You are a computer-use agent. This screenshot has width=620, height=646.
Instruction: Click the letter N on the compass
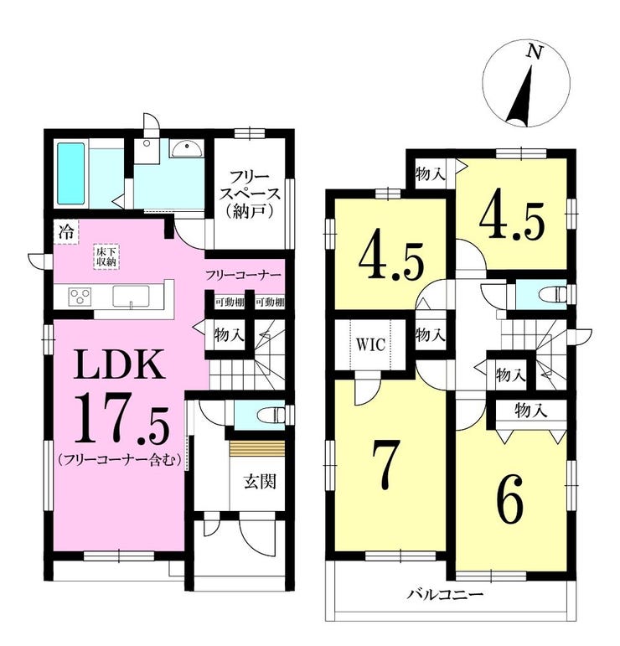[x=535, y=51]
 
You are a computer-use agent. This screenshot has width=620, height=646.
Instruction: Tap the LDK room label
[x=120, y=364]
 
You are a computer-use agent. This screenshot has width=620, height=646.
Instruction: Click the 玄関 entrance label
[x=260, y=481]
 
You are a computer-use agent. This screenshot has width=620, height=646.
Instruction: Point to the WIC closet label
[x=371, y=344]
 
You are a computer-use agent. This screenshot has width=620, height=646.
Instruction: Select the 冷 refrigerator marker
[x=66, y=233]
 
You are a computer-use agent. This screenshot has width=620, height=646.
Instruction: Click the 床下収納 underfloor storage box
[x=106, y=256]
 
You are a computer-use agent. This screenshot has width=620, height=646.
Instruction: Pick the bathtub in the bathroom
[x=71, y=173]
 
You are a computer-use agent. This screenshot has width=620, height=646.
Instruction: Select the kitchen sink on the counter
[x=131, y=297]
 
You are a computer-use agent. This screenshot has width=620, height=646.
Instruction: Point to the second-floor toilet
[x=553, y=295]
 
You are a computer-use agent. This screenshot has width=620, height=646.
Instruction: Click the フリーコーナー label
[x=243, y=274]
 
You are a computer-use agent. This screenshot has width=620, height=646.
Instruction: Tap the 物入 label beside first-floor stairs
[x=229, y=334]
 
